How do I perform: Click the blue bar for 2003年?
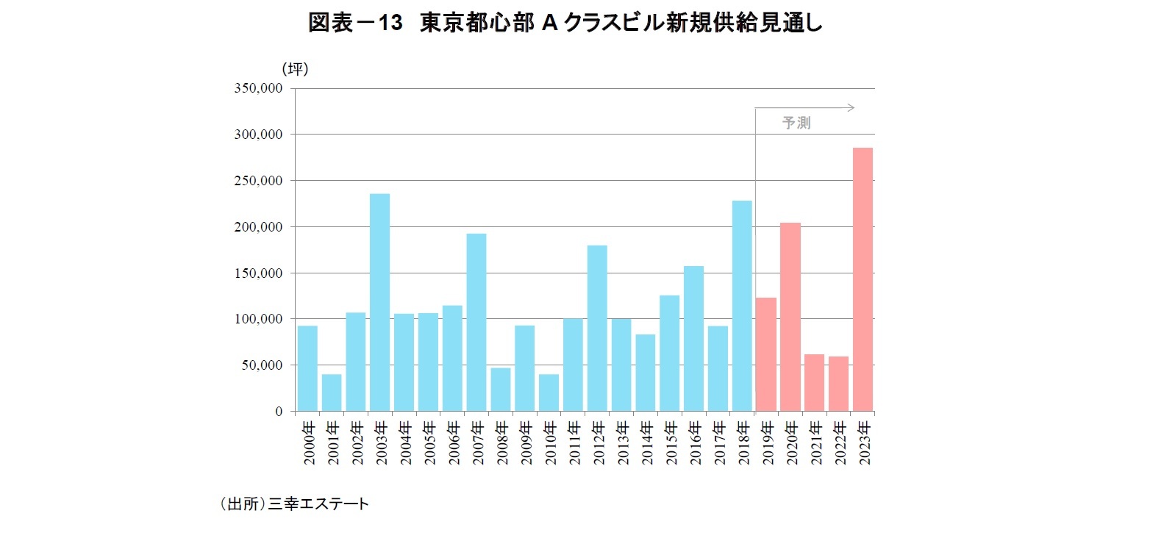point(379,302)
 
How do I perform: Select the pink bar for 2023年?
point(863,279)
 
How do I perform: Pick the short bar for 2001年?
point(332,393)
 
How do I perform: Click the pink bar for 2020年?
point(790,317)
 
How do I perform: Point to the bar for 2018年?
point(742,306)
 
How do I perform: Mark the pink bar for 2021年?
point(814,382)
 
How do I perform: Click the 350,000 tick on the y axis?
point(258,88)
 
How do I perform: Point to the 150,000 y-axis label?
point(258,273)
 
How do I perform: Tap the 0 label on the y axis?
point(279,412)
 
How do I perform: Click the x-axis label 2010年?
point(549,443)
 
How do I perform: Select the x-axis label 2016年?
point(694,443)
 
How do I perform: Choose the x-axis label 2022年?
point(839,443)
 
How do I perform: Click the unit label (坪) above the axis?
point(295,68)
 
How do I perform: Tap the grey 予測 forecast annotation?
point(796,123)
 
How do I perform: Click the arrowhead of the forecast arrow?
point(851,108)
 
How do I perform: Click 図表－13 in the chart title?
point(355,23)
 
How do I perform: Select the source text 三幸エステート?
point(318,504)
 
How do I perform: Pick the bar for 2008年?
point(501,389)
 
